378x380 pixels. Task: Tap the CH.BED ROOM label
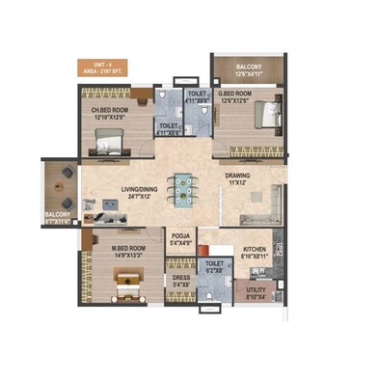coord(111,109)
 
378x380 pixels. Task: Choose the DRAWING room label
coord(238,176)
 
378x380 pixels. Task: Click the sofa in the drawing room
coord(273,204)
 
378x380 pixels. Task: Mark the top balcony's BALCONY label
coord(248,68)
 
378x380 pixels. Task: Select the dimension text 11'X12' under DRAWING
coord(238,183)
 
